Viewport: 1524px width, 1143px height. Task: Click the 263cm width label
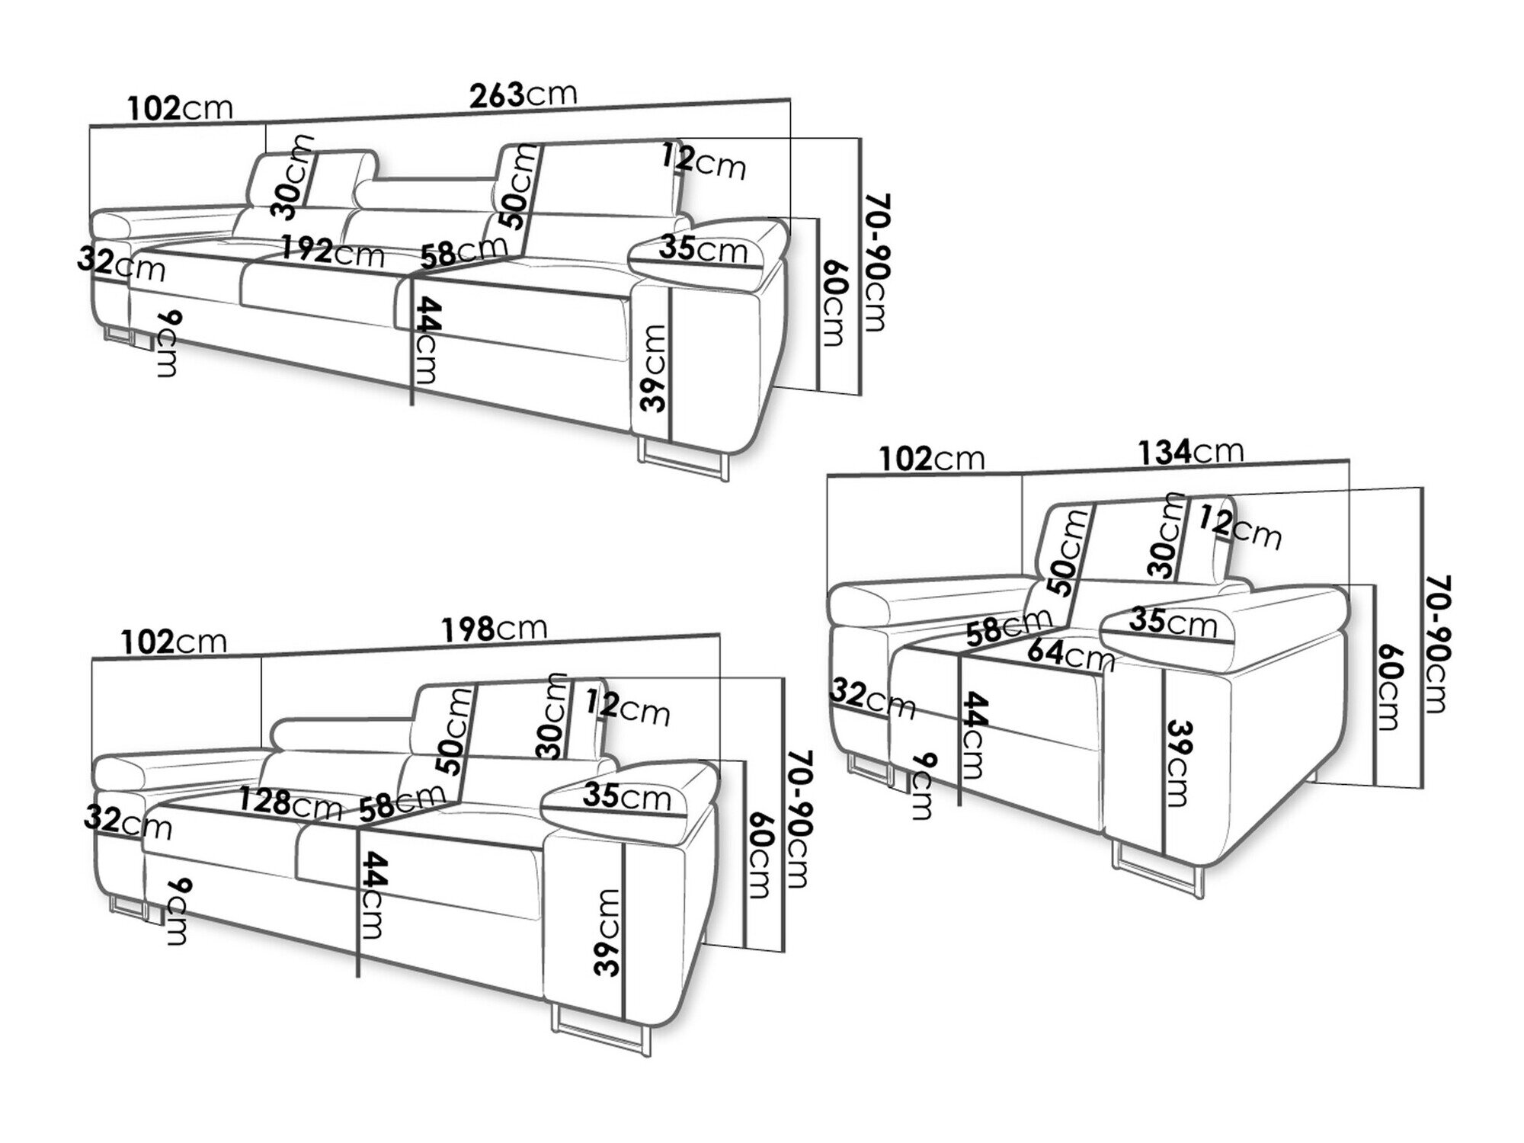click(523, 94)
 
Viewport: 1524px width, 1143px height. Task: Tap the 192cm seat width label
click(332, 251)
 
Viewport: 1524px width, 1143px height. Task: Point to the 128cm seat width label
click(290, 802)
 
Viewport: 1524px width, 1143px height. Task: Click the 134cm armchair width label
click(1190, 453)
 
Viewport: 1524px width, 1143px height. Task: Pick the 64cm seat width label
click(1071, 655)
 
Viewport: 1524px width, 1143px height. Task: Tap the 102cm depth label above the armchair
click(931, 459)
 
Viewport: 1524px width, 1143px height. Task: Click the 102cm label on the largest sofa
click(180, 108)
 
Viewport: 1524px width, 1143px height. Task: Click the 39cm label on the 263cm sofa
click(654, 368)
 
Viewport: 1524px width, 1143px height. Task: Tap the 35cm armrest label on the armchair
click(1172, 622)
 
